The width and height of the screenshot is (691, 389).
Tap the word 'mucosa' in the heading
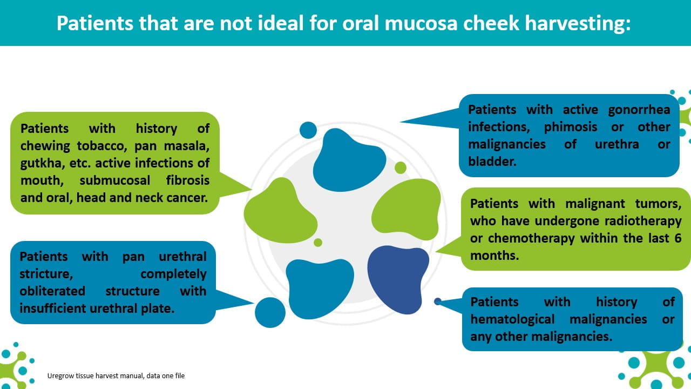click(x=421, y=24)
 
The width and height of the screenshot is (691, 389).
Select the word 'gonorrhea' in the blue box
click(x=639, y=110)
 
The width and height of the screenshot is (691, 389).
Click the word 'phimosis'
click(x=571, y=127)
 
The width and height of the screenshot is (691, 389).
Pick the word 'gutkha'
click(x=40, y=163)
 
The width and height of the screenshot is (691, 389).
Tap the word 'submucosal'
click(x=115, y=180)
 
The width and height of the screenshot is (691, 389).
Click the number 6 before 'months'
click(x=678, y=238)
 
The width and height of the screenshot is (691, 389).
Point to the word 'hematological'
click(x=512, y=319)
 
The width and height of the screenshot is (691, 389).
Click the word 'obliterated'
click(x=52, y=291)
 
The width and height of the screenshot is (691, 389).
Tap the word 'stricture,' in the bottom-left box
click(x=46, y=274)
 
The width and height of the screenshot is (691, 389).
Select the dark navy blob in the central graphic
click(x=398, y=279)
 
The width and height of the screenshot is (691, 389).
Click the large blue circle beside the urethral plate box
click(x=270, y=312)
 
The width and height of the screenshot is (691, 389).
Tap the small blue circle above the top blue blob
click(x=308, y=130)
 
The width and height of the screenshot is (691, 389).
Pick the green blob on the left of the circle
click(x=280, y=211)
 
